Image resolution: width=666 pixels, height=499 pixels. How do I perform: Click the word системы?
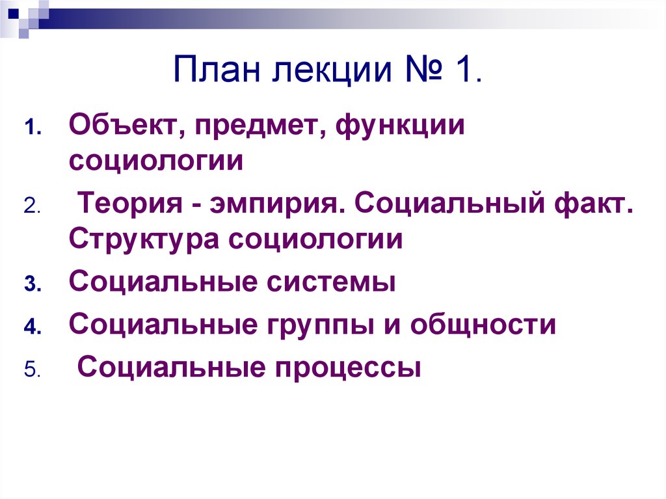coord(330,284)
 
